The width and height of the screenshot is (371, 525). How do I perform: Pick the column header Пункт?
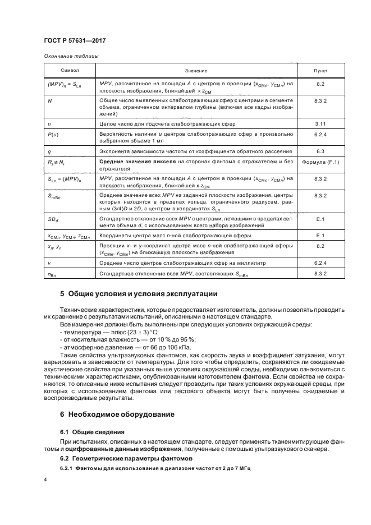pyautogui.click(x=320, y=71)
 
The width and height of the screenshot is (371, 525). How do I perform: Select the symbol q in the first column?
pyautogui.click(x=50, y=151)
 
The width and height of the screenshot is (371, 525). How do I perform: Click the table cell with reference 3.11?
pyautogui.click(x=320, y=122)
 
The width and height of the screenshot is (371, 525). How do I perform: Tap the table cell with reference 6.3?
pyautogui.click(x=320, y=151)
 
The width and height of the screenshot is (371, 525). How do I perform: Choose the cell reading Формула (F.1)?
pyautogui.click(x=320, y=162)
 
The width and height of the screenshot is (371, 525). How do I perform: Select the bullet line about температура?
pyautogui.click(x=103, y=333)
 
